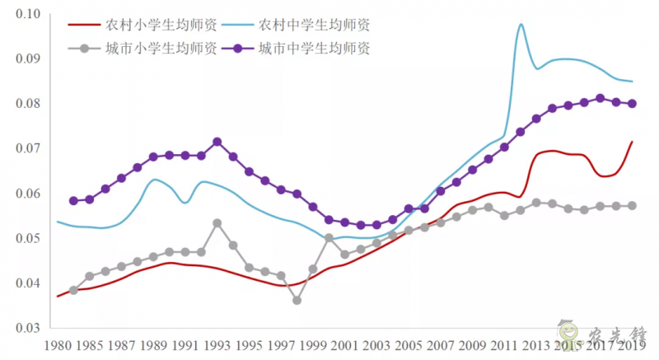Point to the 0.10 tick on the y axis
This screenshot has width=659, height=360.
[29, 14]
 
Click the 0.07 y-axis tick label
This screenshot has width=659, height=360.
[29, 149]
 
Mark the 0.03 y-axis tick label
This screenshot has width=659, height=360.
[29, 329]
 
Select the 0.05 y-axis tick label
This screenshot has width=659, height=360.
[29, 239]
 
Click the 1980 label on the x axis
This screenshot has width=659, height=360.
[58, 345]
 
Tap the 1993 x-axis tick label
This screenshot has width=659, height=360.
[217, 345]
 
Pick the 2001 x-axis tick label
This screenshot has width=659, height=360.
[344, 345]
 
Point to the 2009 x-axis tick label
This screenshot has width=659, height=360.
[472, 345]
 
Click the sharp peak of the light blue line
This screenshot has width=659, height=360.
[521, 25]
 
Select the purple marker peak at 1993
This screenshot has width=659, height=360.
[217, 142]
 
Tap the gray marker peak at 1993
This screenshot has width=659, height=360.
[217, 223]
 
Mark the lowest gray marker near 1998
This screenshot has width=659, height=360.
[297, 300]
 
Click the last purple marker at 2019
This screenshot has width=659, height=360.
[632, 104]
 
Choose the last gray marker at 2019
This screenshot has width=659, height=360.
[632, 205]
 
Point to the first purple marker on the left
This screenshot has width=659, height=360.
[73, 200]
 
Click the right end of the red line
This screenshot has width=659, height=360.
[632, 142]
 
